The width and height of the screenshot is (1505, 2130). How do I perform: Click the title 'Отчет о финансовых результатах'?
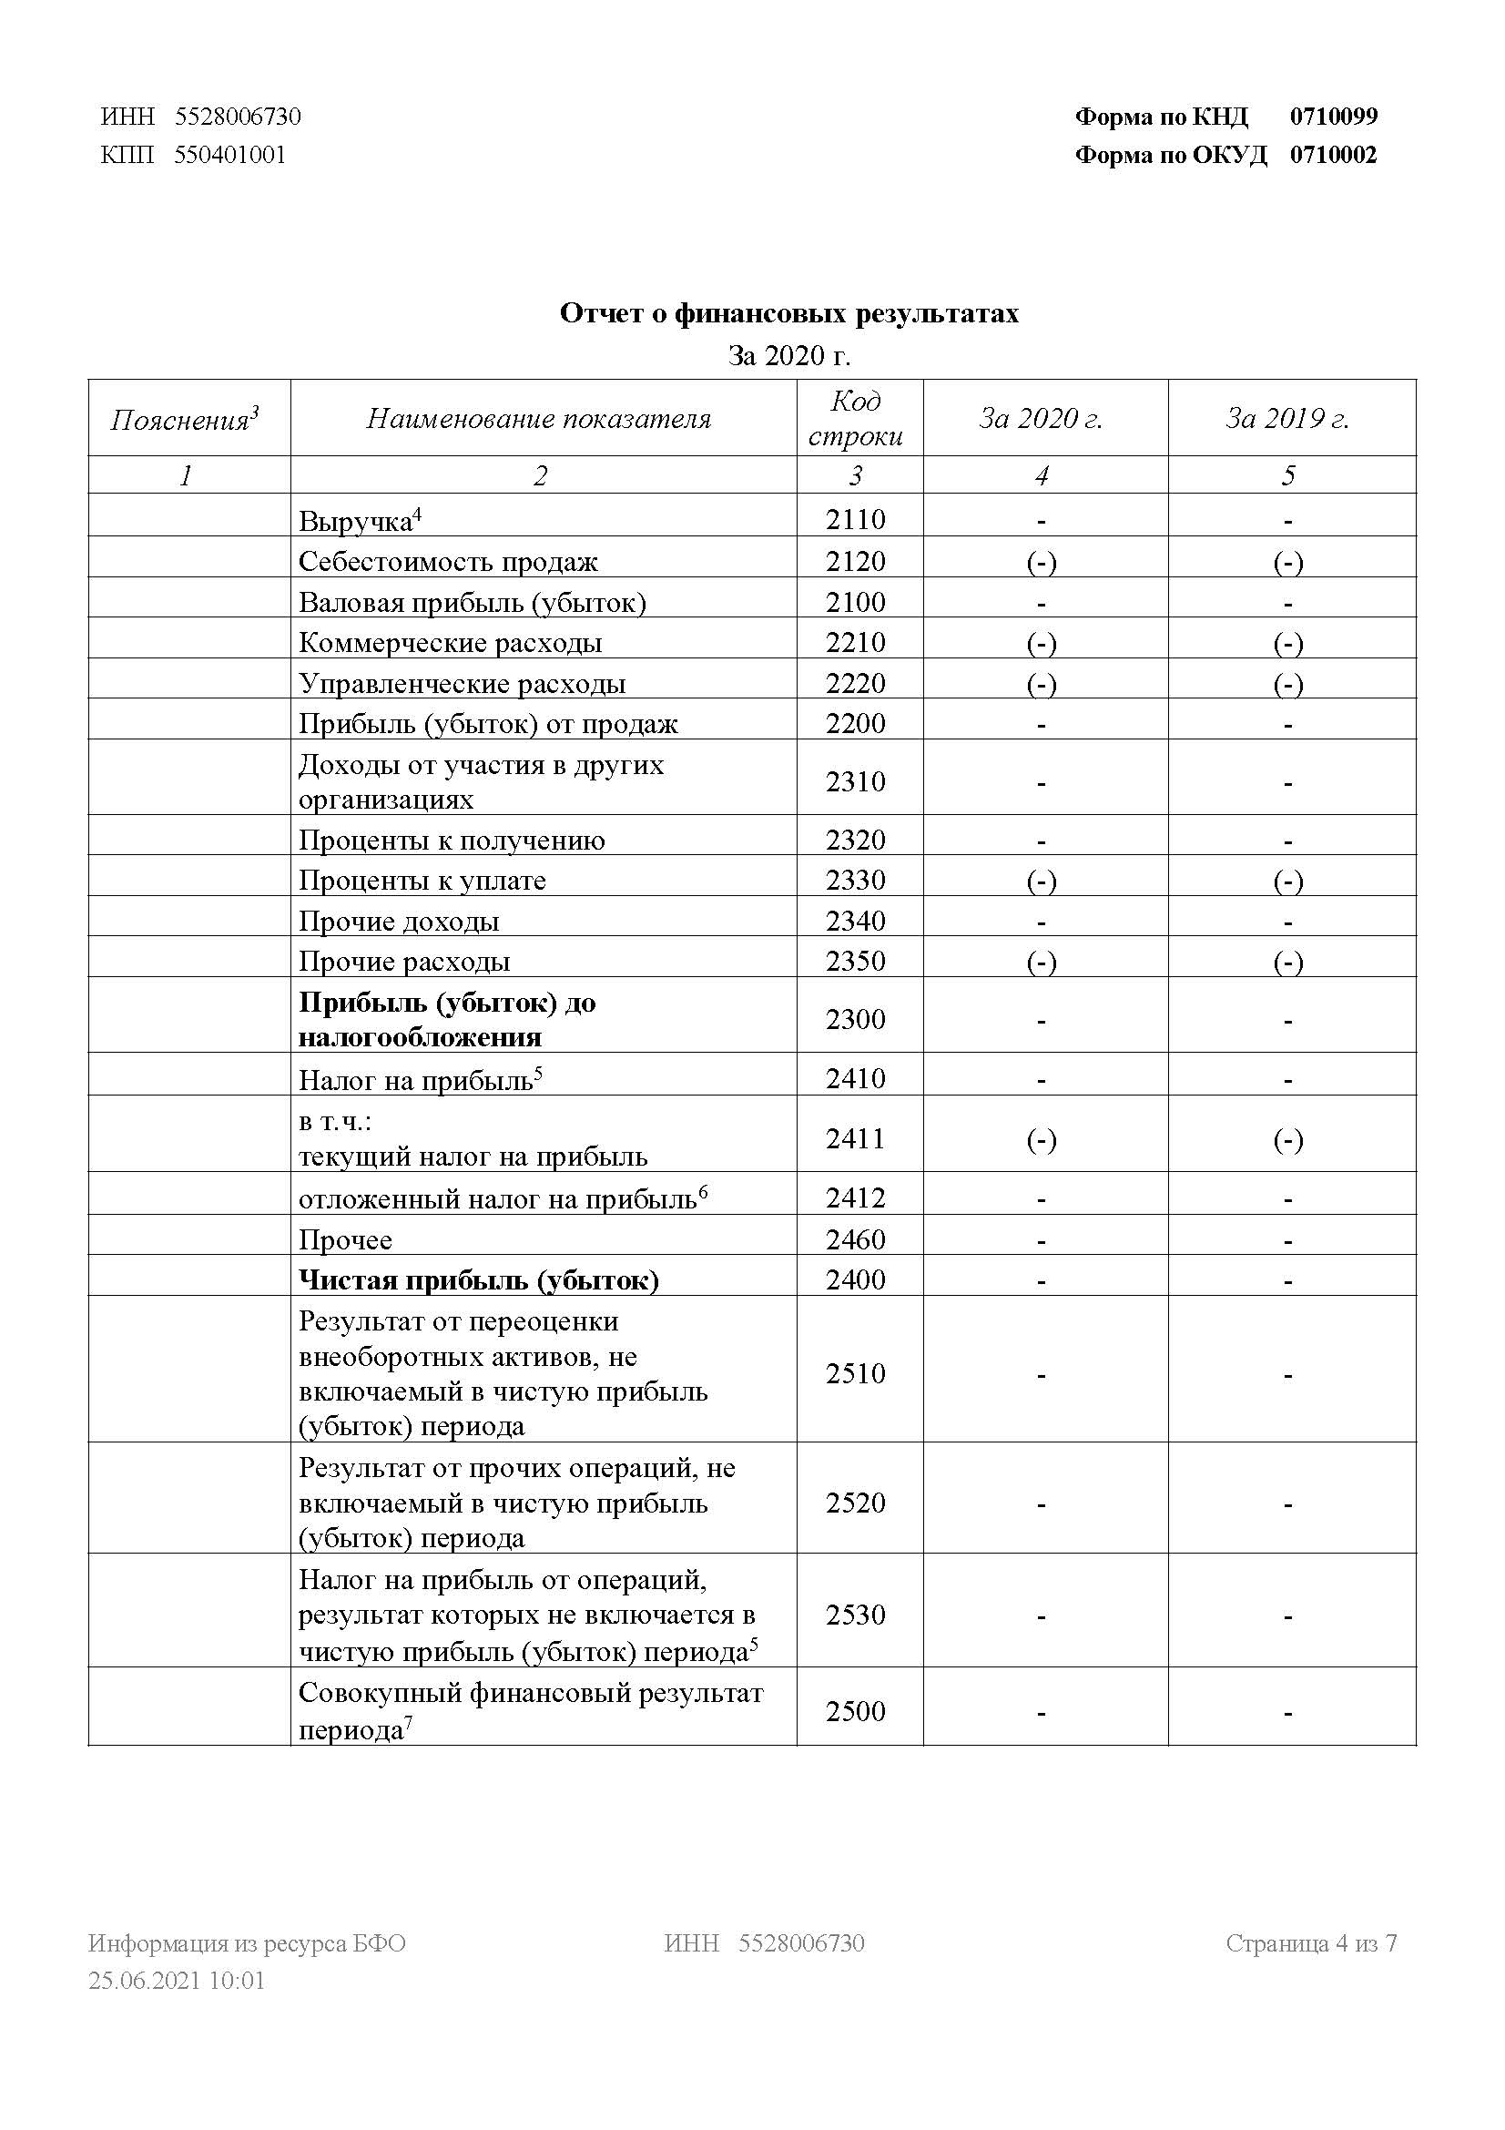[x=788, y=313]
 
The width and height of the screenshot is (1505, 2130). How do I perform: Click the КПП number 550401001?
[x=230, y=155]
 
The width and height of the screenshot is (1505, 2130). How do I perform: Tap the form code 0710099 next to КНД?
[x=1334, y=117]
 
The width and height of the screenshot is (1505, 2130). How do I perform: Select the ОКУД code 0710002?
[x=1333, y=155]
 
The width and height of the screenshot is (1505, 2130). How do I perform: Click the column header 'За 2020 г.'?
[x=1041, y=418]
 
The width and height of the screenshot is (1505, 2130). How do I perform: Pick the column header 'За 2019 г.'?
[x=1287, y=418]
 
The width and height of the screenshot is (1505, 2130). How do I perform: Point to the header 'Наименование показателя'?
[x=539, y=418]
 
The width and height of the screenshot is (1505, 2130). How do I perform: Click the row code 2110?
[x=855, y=519]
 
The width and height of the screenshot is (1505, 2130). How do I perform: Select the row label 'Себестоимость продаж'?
[x=448, y=561]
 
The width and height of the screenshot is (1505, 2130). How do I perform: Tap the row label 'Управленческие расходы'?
[x=462, y=684]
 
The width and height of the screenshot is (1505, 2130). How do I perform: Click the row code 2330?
[x=855, y=880]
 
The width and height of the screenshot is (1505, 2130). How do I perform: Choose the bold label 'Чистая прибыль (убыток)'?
[x=479, y=1280]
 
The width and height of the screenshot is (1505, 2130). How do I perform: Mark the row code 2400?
[x=855, y=1280]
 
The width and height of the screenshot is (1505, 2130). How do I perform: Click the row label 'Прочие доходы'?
[x=399, y=922]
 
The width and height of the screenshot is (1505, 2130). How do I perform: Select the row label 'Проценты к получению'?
[x=452, y=841]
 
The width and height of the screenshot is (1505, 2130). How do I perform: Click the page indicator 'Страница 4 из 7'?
[x=1310, y=1942]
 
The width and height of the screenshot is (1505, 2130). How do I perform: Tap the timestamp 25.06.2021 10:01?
[x=177, y=1981]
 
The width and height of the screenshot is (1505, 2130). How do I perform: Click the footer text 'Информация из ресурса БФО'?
[x=247, y=1942]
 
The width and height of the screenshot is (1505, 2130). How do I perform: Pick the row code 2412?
[x=855, y=1198]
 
